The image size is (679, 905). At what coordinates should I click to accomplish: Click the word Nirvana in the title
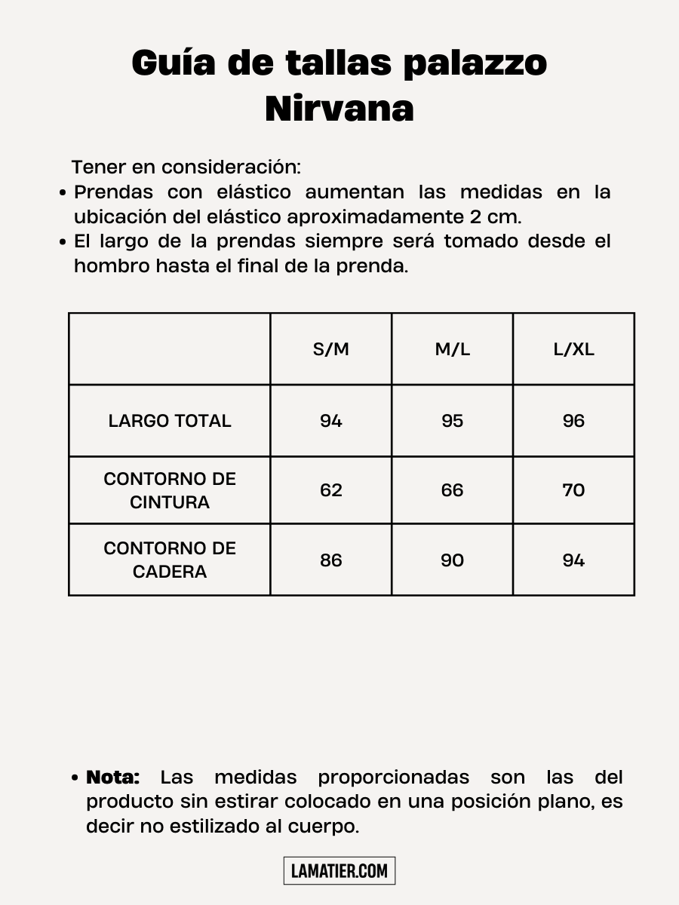(x=339, y=109)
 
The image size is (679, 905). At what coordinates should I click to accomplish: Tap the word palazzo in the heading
(x=475, y=63)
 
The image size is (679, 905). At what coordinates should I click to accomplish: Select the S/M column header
(x=331, y=349)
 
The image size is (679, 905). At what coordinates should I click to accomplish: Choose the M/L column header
(x=452, y=349)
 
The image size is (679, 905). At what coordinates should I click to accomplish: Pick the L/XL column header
(x=573, y=349)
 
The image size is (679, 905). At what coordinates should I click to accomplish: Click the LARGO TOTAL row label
(x=170, y=421)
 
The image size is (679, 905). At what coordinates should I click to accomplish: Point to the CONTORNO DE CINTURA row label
(x=170, y=490)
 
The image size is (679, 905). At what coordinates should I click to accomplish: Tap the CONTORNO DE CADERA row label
(x=170, y=560)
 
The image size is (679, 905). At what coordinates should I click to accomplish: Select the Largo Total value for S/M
(x=331, y=421)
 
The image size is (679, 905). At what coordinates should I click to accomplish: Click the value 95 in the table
(x=452, y=421)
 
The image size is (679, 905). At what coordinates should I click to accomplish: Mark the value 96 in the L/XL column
(x=573, y=421)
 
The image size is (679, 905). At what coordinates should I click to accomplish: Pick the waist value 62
(x=331, y=490)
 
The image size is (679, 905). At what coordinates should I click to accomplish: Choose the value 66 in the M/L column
(x=452, y=490)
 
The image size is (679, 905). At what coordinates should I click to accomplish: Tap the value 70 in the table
(x=573, y=490)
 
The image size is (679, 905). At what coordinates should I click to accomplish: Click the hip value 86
(x=331, y=560)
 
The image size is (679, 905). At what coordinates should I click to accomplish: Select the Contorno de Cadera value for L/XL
(x=573, y=560)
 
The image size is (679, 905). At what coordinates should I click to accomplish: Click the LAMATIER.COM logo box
(x=339, y=871)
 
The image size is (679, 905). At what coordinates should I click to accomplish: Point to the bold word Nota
(x=113, y=777)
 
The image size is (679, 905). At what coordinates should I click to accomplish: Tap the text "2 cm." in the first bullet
(x=495, y=217)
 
